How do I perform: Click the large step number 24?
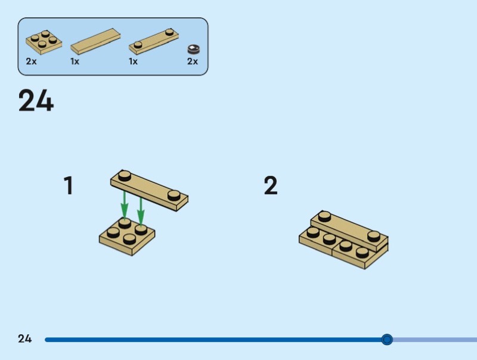36,101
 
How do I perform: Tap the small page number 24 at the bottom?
24,339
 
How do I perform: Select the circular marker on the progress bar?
387,340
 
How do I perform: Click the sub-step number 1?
69,186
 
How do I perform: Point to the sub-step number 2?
271,186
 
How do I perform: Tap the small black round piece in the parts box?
193,49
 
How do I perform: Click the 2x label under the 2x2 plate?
31,61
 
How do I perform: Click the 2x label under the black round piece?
193,61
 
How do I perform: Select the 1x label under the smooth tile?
75,61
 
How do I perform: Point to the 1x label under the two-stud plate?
134,61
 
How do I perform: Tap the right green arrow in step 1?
141,206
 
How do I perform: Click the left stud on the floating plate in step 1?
125,175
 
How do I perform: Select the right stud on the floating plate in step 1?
174,194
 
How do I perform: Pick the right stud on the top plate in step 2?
374,235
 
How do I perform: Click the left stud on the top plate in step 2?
325,216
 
